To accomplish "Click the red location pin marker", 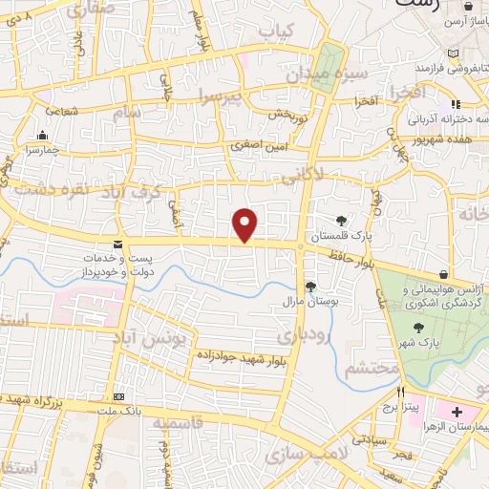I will tap(246, 224).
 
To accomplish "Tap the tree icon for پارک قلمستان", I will tap(341, 221).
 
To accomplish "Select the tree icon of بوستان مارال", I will tap(309, 286).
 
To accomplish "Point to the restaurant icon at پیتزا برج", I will tap(402, 392).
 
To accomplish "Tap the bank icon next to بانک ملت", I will tap(117, 396).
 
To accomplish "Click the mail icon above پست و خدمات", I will tap(117, 244).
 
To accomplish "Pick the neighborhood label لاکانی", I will tap(304, 173).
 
